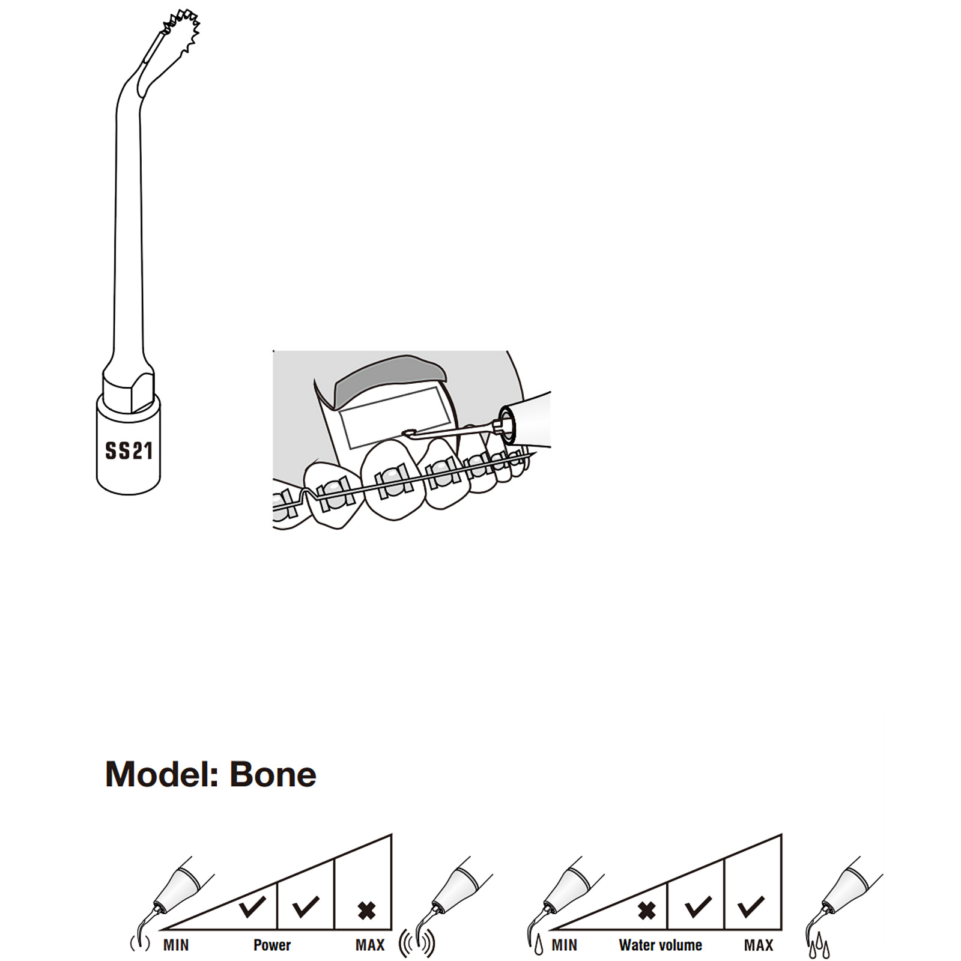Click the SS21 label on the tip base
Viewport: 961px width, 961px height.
pos(129,450)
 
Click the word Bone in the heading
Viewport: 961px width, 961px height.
pos(273,774)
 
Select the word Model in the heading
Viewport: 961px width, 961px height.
pos(162,774)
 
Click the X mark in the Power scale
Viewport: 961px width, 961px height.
pos(366,911)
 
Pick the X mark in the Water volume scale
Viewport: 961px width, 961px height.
pos(646,911)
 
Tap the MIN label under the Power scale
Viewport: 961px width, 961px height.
pos(176,945)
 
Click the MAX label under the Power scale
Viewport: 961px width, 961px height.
pos(370,945)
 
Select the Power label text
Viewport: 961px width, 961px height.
pos(272,945)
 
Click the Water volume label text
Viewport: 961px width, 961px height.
pos(661,945)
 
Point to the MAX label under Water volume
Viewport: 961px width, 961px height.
pos(759,945)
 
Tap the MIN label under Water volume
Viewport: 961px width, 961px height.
pos(565,945)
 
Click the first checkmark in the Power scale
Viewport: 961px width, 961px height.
pos(252,906)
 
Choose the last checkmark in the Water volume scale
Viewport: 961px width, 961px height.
pos(751,906)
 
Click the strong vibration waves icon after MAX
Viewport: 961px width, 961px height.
pos(417,944)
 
